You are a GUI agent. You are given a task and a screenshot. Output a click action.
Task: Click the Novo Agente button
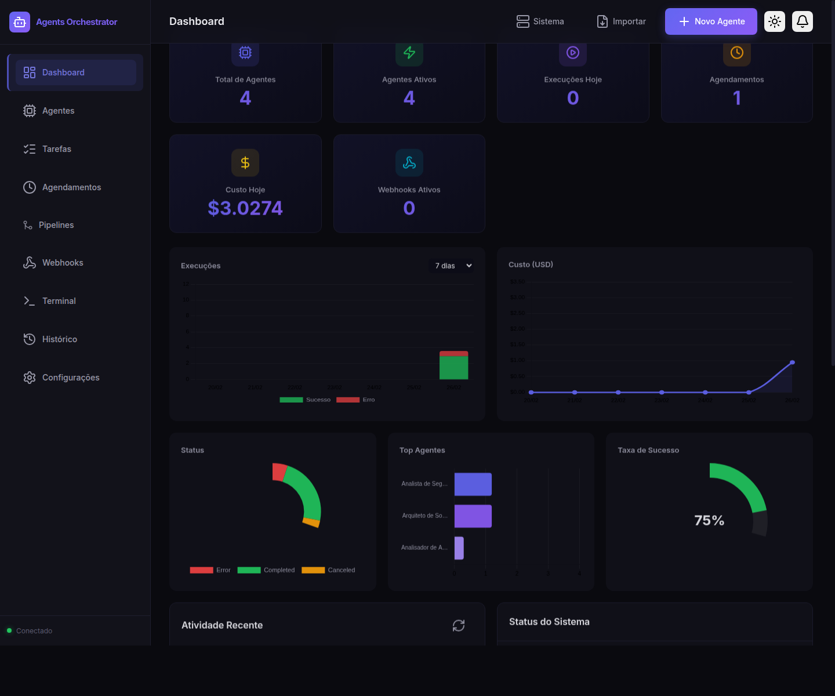click(711, 21)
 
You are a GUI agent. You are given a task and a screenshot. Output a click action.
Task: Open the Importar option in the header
click(621, 21)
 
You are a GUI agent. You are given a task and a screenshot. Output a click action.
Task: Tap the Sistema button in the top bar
click(540, 21)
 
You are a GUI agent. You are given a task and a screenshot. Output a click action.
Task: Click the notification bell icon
click(803, 21)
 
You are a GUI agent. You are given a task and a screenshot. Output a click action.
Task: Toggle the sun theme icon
click(775, 21)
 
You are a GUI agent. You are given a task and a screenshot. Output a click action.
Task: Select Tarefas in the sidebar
click(56, 149)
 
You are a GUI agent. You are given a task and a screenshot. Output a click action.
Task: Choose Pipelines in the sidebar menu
click(56, 225)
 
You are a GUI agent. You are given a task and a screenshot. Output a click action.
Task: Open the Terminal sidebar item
click(59, 301)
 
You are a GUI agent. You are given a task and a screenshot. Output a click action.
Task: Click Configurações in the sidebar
click(70, 378)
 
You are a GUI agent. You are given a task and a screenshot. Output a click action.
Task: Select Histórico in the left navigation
click(59, 339)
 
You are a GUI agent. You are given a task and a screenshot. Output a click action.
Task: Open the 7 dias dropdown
click(453, 266)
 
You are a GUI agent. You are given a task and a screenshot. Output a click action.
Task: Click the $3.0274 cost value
click(245, 208)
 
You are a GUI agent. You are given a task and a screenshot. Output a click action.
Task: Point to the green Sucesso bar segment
click(453, 368)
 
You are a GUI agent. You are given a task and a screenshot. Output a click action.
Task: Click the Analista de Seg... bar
click(473, 484)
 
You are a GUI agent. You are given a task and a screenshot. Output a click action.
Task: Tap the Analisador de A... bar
click(459, 548)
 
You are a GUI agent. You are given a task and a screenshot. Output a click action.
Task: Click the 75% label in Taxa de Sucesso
click(709, 520)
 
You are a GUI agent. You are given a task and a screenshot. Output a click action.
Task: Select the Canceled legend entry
click(329, 570)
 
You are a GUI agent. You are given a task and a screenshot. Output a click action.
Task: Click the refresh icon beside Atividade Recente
click(459, 625)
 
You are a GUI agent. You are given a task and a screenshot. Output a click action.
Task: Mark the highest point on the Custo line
click(792, 362)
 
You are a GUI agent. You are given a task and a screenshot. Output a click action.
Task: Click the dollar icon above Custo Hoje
click(245, 163)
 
